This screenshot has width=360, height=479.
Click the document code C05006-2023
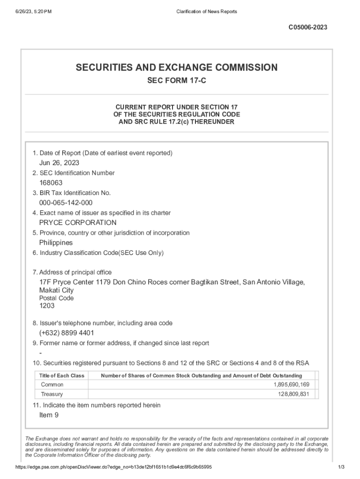point(307,28)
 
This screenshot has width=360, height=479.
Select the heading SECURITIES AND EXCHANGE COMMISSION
point(177,68)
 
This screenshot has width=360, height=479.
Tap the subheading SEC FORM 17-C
point(177,81)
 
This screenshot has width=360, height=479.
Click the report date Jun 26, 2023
point(59,163)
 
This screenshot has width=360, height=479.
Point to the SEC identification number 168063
point(50,183)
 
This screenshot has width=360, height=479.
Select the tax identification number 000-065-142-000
point(65,203)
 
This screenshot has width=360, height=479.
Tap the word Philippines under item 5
point(56,243)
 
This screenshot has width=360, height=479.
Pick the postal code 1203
point(47,306)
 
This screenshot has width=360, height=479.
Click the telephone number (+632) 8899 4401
point(66,333)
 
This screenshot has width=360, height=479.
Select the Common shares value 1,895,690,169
point(291,385)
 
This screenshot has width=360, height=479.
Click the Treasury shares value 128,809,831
point(293,394)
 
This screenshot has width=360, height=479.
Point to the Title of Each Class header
point(62,376)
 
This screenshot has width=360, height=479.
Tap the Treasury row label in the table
point(52,394)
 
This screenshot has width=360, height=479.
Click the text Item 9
point(49,415)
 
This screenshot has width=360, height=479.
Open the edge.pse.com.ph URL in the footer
point(114,467)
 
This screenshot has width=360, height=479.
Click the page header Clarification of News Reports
point(206,11)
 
